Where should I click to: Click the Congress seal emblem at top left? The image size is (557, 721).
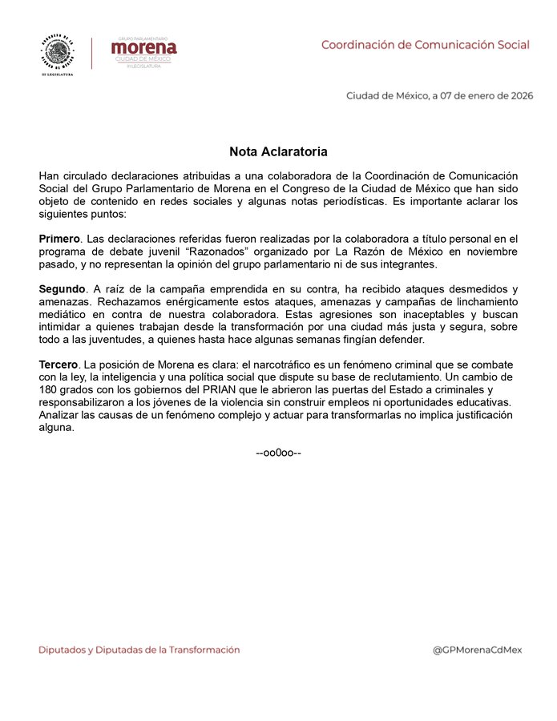tap(57, 53)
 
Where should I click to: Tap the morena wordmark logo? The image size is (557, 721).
tap(144, 48)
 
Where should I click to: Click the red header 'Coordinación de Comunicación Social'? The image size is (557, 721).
tap(425, 45)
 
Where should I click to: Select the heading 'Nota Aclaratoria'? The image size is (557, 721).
tap(278, 151)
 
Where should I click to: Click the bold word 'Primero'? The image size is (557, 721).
tap(59, 239)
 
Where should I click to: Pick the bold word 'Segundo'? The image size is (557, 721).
tap(62, 288)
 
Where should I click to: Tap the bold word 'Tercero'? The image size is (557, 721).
tap(59, 365)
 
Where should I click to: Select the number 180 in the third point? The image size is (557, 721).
tap(50, 389)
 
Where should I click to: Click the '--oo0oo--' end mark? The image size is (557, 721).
tap(278, 453)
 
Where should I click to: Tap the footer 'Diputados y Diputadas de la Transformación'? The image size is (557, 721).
tap(139, 650)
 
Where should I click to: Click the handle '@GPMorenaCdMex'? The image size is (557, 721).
tap(477, 650)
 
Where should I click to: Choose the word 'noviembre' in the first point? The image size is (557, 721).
tap(491, 251)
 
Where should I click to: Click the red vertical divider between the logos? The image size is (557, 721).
tap(91, 53)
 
